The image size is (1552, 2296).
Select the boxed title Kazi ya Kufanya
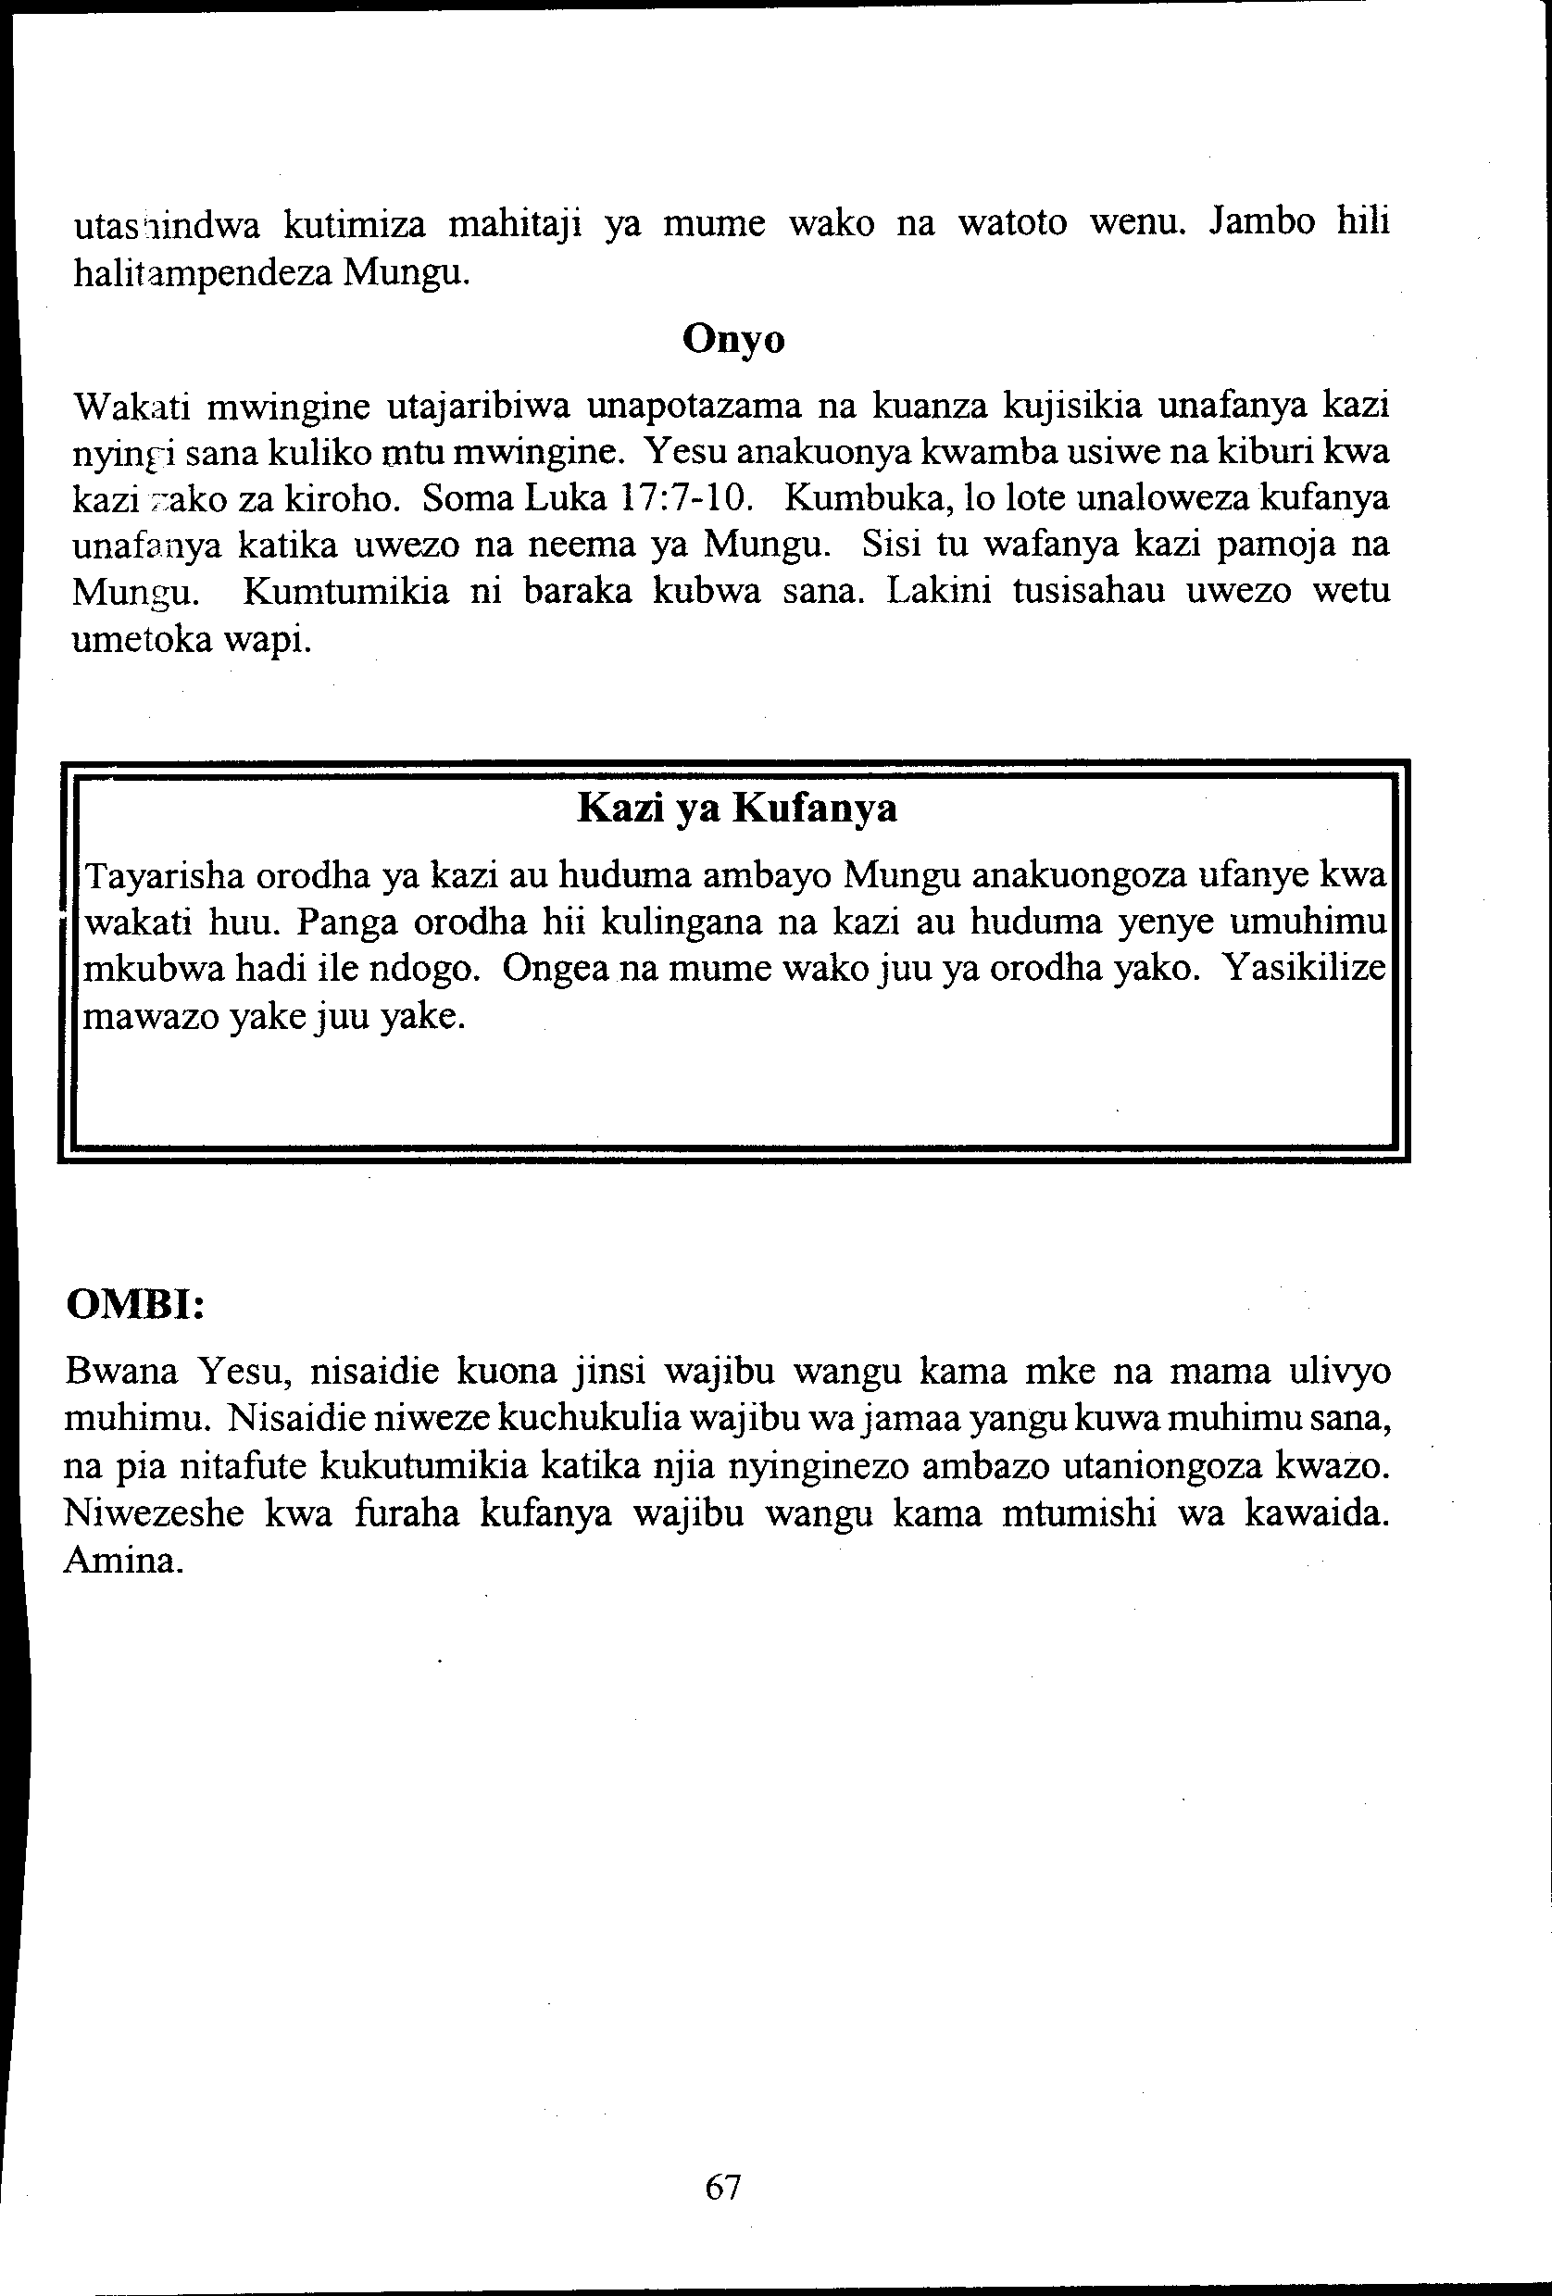[x=736, y=809]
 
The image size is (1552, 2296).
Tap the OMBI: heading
[x=134, y=1304]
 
